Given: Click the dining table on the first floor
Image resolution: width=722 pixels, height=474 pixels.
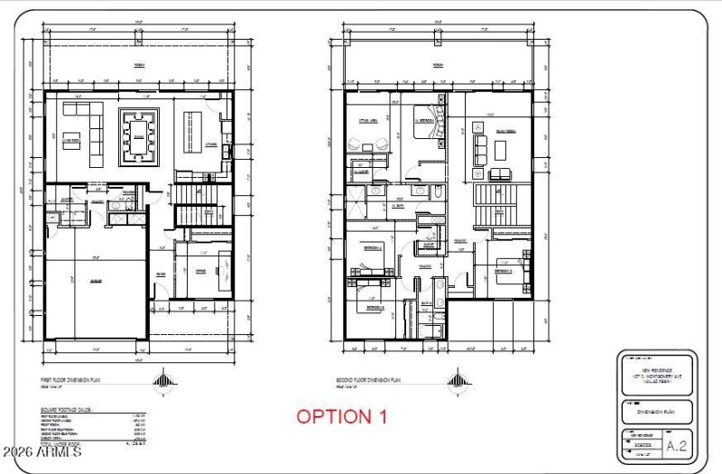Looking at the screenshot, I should click(140, 138).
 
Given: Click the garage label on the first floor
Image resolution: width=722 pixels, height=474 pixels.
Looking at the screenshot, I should click(94, 282).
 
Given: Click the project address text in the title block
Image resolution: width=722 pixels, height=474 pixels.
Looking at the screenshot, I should click(655, 375).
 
